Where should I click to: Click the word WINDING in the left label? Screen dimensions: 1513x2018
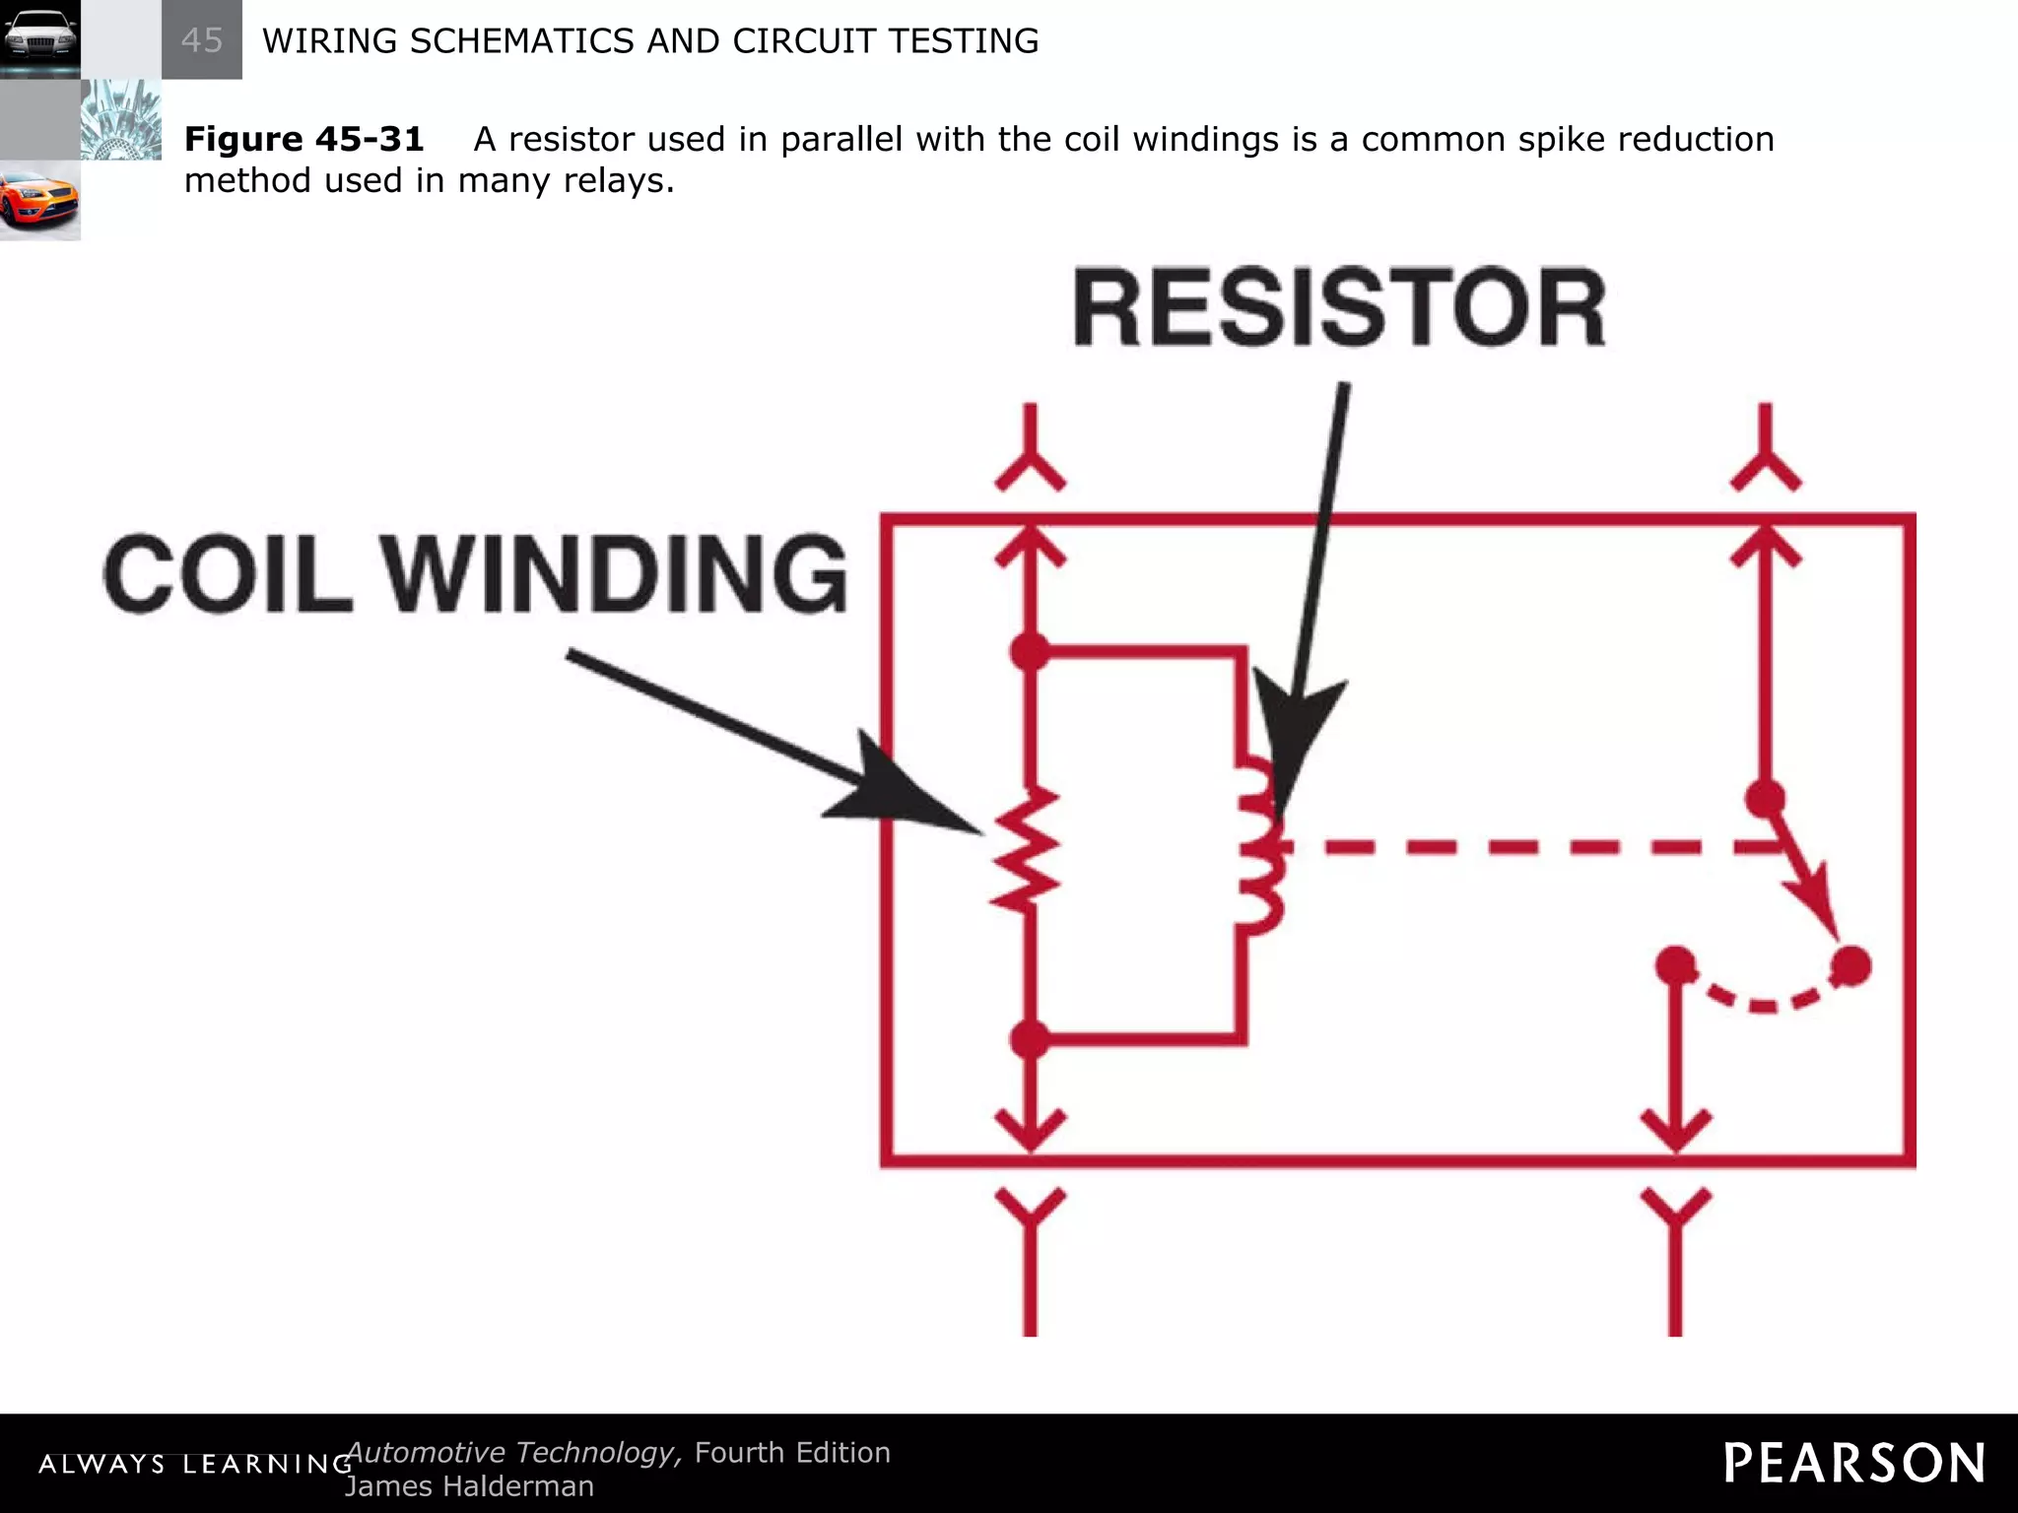click(x=613, y=573)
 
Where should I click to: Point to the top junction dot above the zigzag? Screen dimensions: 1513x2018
click(x=1030, y=650)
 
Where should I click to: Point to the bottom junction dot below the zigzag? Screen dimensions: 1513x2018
click(x=1030, y=1039)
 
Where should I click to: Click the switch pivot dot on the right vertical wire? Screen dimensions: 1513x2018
click(x=1764, y=798)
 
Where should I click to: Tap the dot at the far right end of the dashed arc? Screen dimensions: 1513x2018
click(x=1850, y=965)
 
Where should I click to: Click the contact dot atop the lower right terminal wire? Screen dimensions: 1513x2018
click(x=1675, y=965)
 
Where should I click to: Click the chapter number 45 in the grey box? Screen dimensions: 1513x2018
click(x=202, y=40)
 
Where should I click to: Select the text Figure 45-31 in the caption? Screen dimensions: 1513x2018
click(x=303, y=139)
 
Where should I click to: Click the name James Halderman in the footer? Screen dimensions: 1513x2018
click(x=469, y=1486)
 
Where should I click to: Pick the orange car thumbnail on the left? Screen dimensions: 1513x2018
click(x=39, y=200)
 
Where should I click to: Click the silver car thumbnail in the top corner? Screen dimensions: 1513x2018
click(x=39, y=39)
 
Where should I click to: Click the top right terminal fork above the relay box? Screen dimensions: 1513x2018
click(x=1765, y=453)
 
